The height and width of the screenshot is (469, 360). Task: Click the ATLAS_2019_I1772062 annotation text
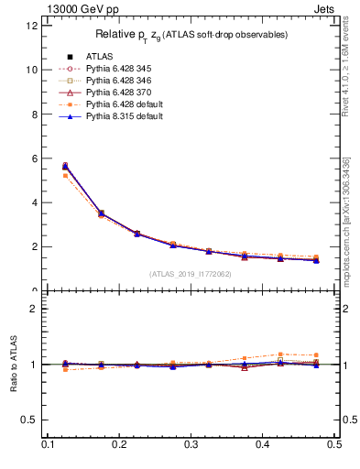(x=190, y=274)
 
